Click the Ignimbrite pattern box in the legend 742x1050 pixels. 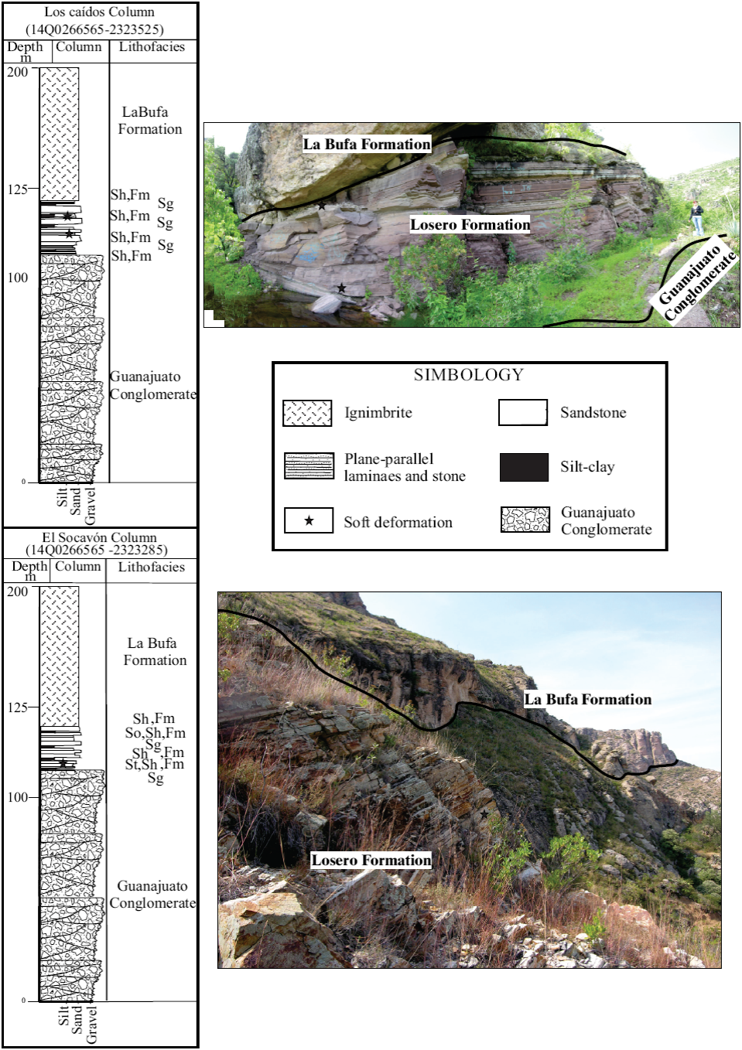click(307, 413)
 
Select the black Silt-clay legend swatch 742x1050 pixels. click(524, 467)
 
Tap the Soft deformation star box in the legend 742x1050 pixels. click(308, 520)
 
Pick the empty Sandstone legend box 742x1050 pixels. click(522, 413)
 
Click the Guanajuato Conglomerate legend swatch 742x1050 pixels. click(525, 520)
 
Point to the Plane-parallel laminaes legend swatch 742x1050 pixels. click(309, 466)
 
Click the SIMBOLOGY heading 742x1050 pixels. click(468, 375)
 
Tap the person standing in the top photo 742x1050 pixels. click(697, 216)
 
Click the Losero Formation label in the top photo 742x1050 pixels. click(470, 225)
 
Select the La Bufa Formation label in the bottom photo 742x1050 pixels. click(588, 700)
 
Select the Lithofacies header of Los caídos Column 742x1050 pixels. click(152, 47)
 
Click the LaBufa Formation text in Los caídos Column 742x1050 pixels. click(149, 121)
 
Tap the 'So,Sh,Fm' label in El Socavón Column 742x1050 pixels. click(155, 733)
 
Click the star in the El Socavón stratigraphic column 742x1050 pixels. click(63, 763)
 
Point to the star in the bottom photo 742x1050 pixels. click(484, 814)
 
